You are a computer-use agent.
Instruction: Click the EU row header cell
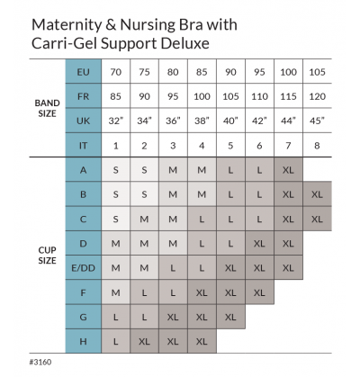[x=84, y=72]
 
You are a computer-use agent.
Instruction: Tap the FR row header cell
[x=84, y=96]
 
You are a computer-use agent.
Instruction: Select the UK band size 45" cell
[x=317, y=121]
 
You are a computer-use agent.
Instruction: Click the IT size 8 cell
[x=317, y=145]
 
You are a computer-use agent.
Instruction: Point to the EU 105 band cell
[x=317, y=72]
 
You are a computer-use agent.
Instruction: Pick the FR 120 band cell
[x=317, y=96]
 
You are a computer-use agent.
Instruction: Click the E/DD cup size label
[x=84, y=267]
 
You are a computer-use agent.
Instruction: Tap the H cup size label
[x=84, y=341]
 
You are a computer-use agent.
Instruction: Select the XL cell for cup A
[x=288, y=170]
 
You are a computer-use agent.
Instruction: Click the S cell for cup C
[x=116, y=219]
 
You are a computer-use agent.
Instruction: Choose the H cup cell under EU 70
[x=116, y=341]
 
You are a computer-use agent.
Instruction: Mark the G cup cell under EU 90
[x=230, y=317]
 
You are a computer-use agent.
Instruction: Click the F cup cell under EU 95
[x=259, y=292]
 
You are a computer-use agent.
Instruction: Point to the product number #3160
[x=40, y=362]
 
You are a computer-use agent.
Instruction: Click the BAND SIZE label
[x=47, y=108]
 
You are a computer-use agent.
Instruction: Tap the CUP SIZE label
[x=47, y=256]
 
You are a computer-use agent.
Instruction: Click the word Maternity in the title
[x=67, y=25]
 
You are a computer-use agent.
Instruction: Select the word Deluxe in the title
[x=185, y=43]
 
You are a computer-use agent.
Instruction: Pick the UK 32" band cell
[x=116, y=121]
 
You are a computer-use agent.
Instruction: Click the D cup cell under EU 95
[x=259, y=243]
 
